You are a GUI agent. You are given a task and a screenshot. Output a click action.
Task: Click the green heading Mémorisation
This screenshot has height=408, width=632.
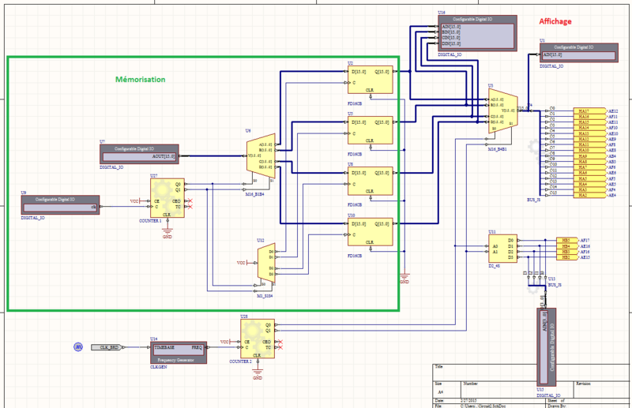141,79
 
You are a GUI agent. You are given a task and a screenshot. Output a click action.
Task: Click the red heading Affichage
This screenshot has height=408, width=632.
555,21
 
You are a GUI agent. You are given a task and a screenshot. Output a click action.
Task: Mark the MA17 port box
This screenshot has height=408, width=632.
583,111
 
